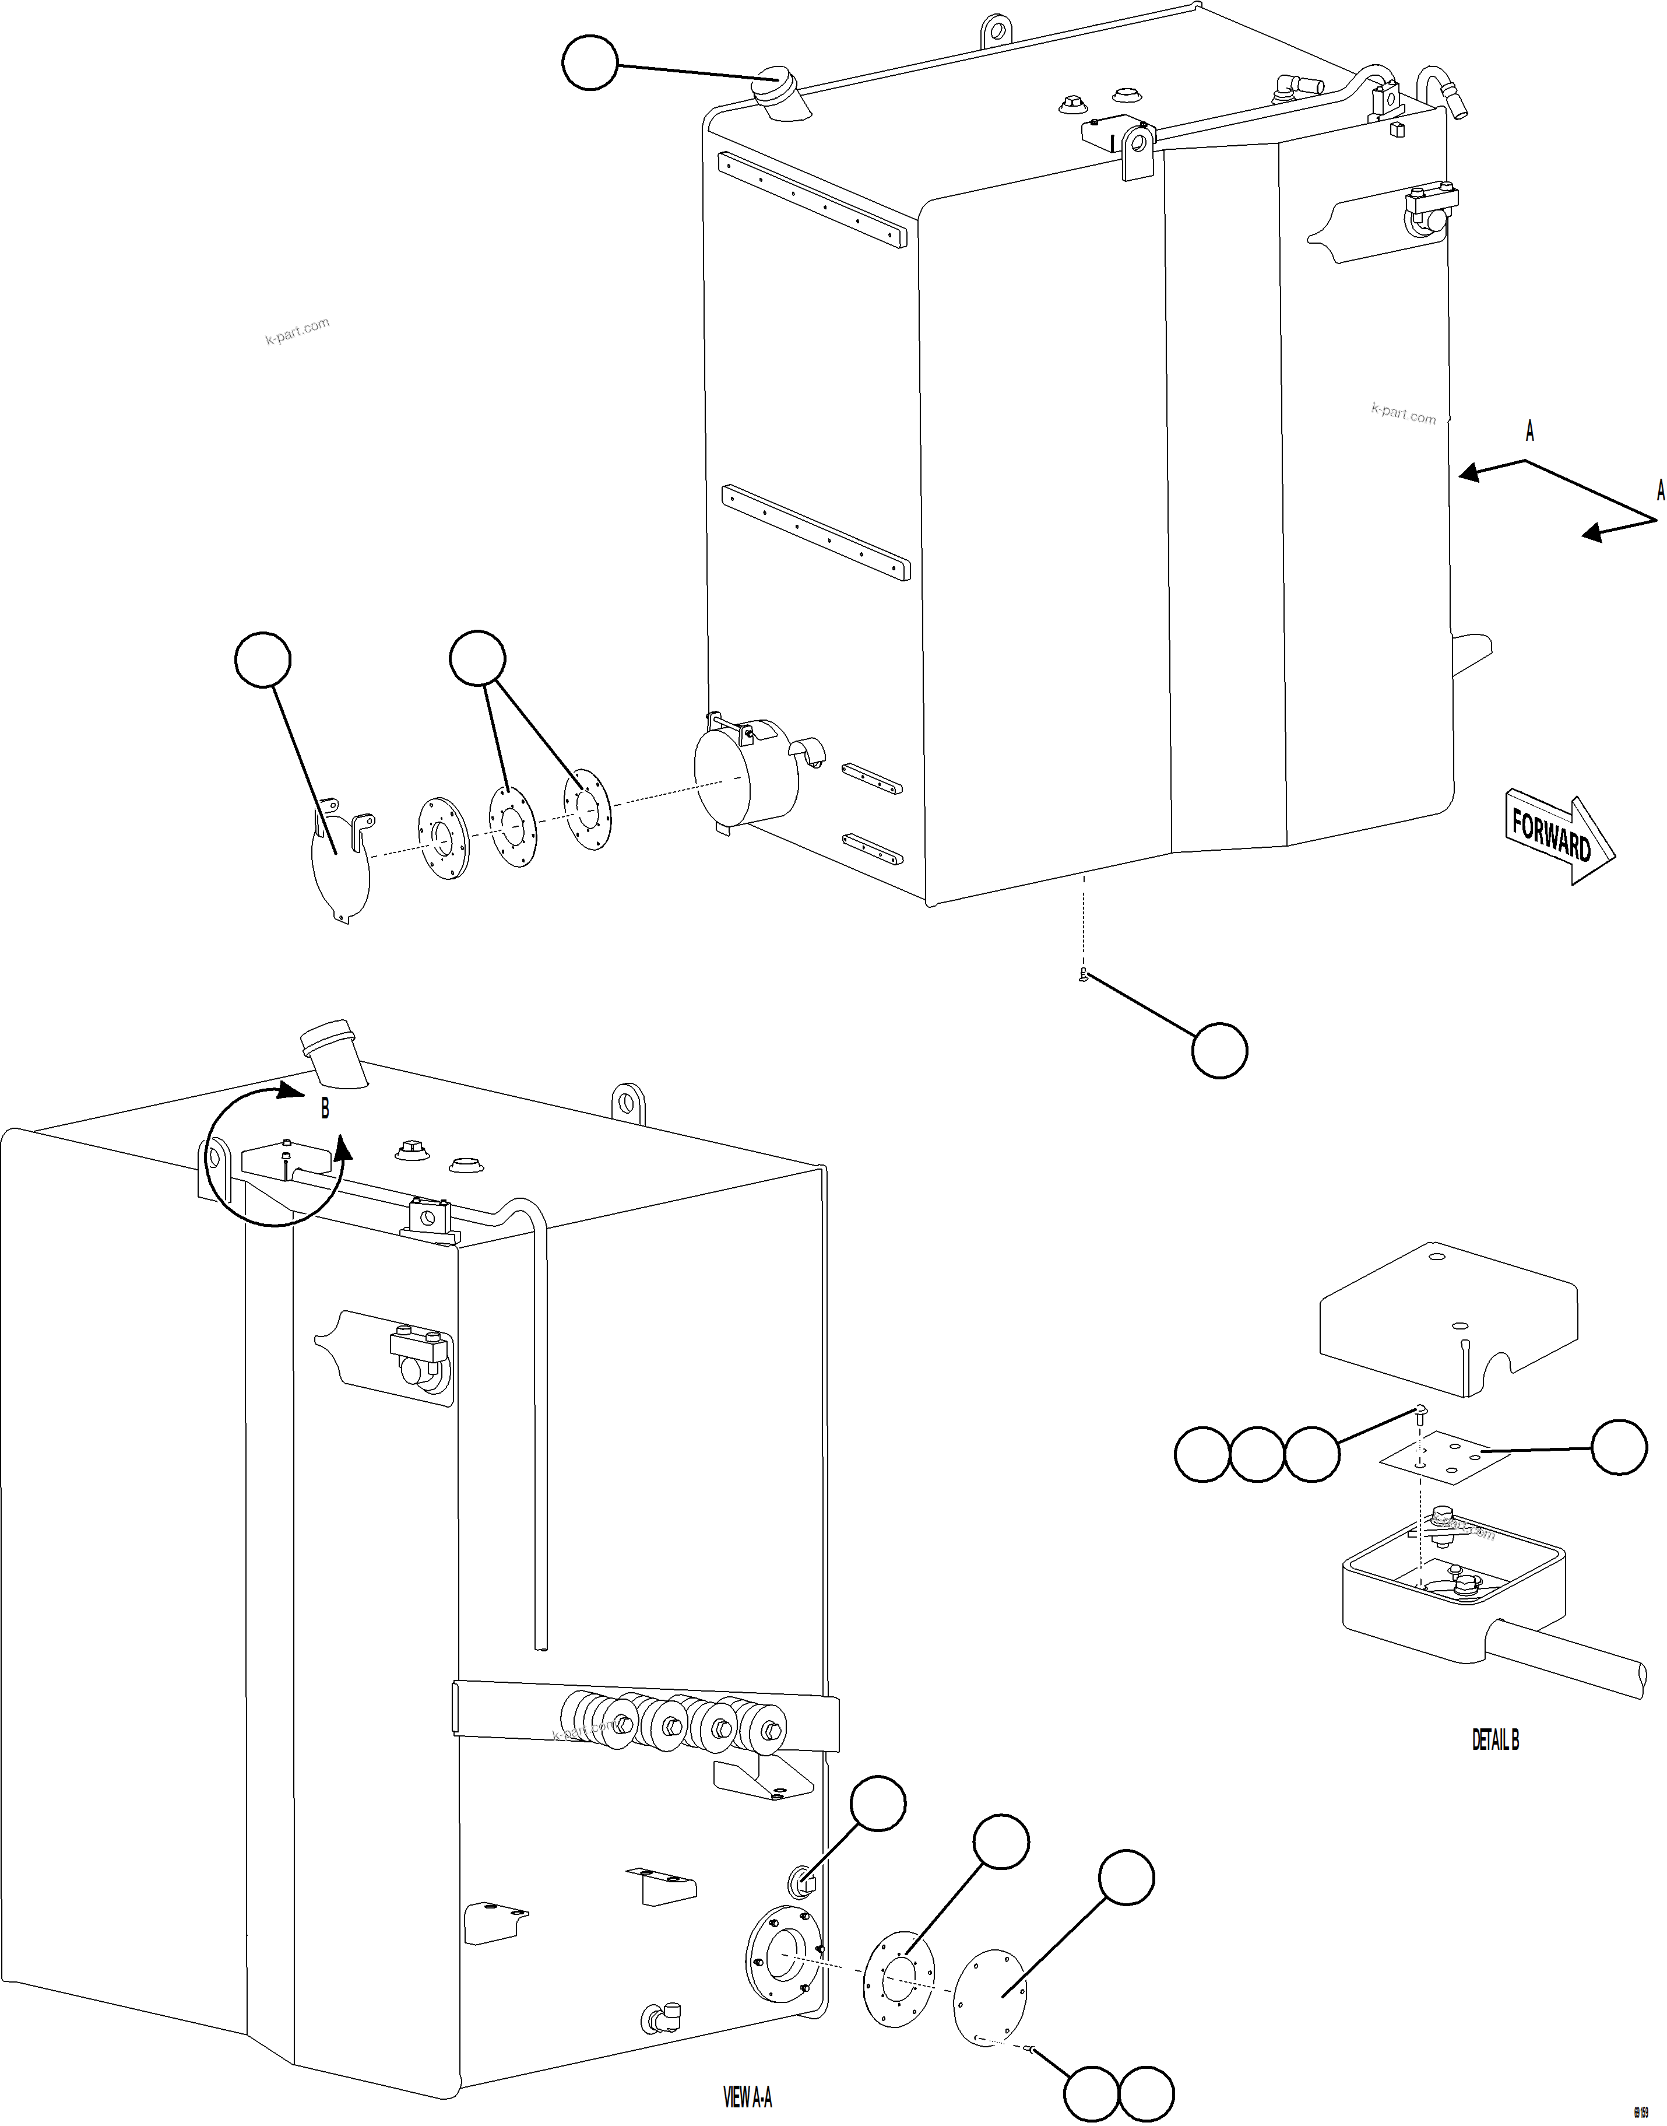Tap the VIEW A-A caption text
tap(748, 2097)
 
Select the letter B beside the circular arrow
tap(325, 1109)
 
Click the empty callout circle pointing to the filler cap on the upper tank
tap(590, 62)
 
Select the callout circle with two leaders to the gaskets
tap(477, 659)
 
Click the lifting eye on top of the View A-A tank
tap(628, 1103)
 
